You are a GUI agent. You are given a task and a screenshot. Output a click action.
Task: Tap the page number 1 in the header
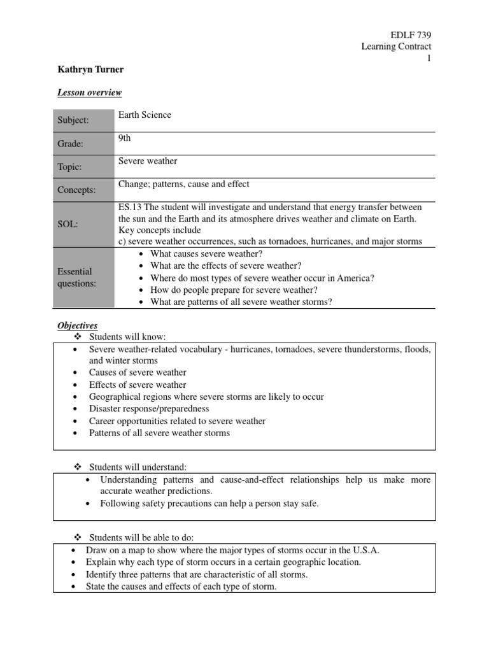tap(429, 59)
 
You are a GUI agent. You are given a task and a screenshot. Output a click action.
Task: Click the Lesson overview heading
tap(90, 93)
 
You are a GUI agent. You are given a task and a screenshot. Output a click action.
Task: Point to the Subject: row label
tap(73, 120)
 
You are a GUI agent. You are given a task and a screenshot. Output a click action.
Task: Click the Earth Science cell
tap(145, 115)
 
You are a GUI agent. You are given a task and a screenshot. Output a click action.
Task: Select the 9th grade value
tap(125, 138)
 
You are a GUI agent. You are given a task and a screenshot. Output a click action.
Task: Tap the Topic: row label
tap(70, 167)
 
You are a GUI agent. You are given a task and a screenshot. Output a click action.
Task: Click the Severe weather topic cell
tap(148, 161)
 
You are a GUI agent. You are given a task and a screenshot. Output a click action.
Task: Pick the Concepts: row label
tap(76, 190)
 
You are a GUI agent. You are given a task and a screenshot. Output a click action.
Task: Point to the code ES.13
tap(131, 208)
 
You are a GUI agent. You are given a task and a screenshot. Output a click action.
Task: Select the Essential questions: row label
tap(74, 278)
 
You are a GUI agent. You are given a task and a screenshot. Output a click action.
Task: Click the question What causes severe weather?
tap(202, 254)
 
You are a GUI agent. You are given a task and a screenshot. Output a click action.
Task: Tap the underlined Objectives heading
tap(78, 325)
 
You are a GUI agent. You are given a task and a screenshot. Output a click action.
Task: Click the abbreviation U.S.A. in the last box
tap(367, 550)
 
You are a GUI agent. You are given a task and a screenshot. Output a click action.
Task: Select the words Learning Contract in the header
tap(396, 46)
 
